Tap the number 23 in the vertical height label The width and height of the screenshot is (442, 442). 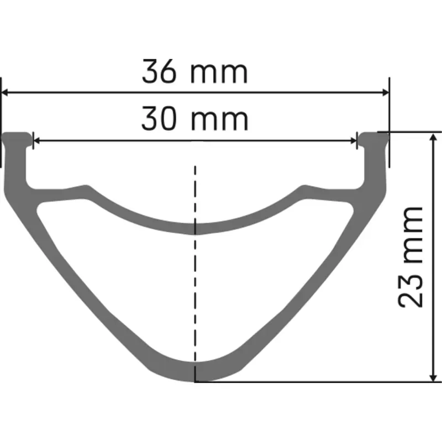point(410,288)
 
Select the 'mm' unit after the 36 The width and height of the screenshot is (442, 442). point(219,72)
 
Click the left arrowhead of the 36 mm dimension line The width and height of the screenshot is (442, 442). point(7,93)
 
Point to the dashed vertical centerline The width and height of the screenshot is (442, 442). point(195,276)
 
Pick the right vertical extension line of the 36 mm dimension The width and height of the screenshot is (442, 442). point(389,122)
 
